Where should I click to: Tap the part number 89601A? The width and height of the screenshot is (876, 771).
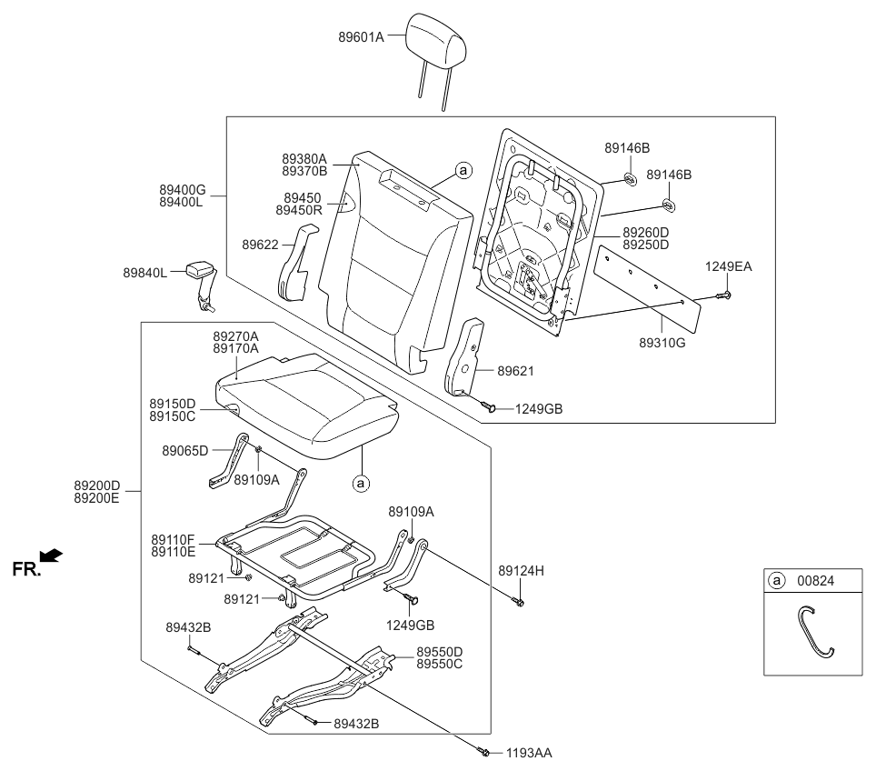361,37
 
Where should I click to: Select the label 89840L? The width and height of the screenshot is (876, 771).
145,273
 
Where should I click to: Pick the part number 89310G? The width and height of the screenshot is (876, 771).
662,343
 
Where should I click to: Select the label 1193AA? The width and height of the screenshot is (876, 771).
529,754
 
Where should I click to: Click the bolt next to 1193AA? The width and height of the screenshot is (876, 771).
483,751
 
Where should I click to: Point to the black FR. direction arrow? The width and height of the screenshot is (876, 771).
52,554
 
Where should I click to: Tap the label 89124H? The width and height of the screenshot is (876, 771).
522,571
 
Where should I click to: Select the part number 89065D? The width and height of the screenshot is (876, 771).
185,450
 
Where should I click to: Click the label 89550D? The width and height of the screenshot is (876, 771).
440,652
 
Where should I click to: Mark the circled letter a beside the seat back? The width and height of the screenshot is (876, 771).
463,170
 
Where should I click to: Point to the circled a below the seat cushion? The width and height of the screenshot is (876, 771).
361,483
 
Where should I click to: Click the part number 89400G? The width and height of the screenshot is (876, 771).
183,190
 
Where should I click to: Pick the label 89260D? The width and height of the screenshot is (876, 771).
645,233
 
